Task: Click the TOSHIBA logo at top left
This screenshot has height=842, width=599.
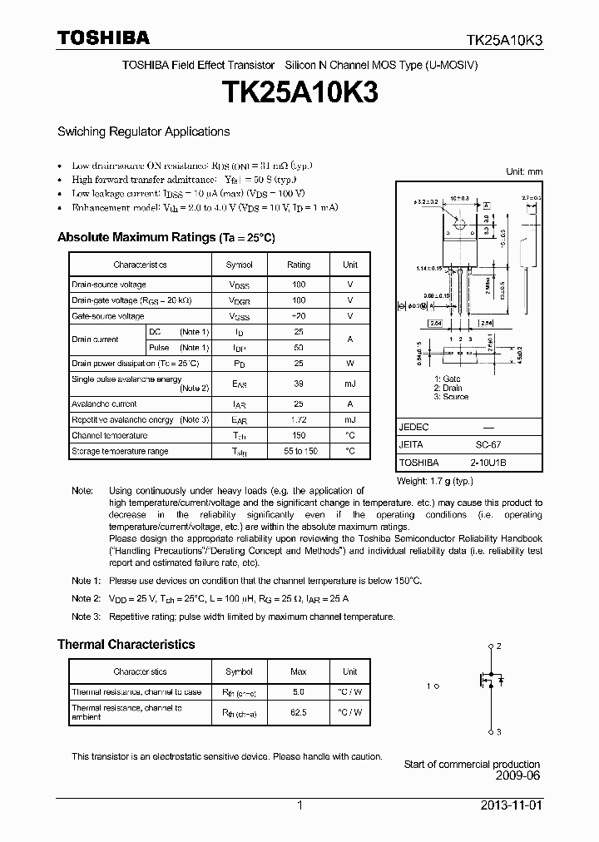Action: coord(103,37)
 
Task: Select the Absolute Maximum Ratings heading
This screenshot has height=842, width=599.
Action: coord(166,237)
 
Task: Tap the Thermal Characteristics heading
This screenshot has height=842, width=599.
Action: coord(126,644)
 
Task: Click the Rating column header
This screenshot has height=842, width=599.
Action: coord(299,265)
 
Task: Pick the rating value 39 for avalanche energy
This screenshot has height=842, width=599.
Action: coord(299,384)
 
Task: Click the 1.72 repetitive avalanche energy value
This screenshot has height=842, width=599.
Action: coord(299,419)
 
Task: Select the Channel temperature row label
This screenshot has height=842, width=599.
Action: coord(109,435)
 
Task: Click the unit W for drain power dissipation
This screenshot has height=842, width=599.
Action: coord(350,363)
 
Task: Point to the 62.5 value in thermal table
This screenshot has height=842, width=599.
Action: coord(299,712)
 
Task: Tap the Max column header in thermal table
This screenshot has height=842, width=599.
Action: coord(299,671)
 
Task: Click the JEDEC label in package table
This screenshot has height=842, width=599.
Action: coord(414,427)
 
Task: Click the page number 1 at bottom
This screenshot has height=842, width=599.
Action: coord(299,806)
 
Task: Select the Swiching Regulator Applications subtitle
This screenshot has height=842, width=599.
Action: coord(143,131)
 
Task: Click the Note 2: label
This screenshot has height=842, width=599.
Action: coord(87,598)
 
